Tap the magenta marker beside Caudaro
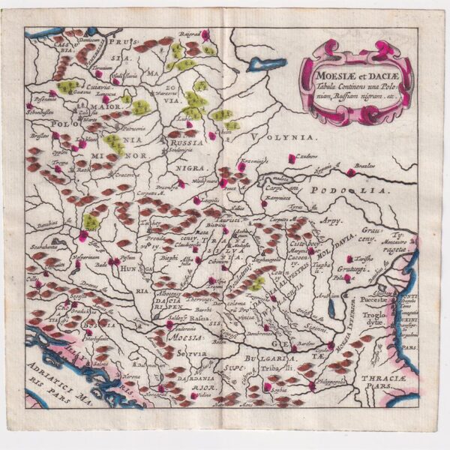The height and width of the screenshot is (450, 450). click(292, 158)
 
